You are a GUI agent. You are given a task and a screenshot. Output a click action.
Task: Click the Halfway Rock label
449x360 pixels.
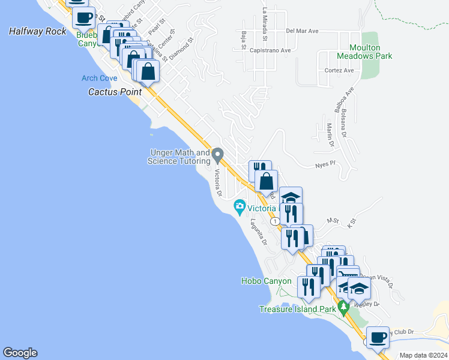pos(37,31)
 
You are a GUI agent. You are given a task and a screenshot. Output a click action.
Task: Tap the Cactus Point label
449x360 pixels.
pos(115,92)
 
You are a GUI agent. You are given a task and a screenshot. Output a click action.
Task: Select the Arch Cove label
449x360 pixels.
pos(100,79)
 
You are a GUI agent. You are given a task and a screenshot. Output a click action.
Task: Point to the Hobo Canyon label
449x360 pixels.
pos(266,281)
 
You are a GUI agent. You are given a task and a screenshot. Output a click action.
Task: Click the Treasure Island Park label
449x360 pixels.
pos(297,310)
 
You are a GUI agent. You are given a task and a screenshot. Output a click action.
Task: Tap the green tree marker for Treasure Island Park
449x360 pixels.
pos(344,308)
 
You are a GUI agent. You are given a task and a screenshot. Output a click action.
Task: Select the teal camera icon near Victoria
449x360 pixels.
pos(240,208)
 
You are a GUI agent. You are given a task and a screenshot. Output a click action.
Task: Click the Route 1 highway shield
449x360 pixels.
pos(274,221)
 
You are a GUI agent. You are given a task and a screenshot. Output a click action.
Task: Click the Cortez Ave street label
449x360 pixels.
pos(339,70)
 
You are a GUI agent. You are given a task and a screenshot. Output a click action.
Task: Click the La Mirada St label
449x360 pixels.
pos(265,19)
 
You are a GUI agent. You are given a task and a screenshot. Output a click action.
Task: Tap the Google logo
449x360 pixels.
pos(20,353)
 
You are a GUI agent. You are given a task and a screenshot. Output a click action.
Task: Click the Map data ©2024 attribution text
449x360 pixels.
pos(423,355)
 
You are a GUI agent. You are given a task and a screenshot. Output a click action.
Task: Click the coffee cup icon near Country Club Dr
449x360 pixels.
pos(378,338)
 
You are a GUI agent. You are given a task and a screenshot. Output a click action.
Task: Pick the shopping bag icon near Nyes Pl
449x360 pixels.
pos(266,181)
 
